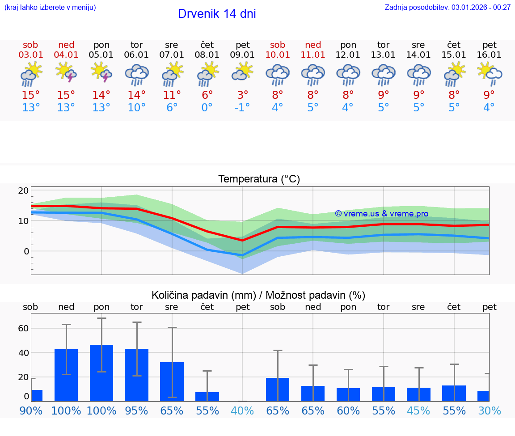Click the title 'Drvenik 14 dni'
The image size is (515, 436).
(217, 14)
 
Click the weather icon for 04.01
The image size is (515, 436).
(66, 72)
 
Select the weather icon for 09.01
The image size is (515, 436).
(242, 72)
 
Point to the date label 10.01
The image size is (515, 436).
(278, 55)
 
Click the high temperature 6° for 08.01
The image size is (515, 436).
(207, 95)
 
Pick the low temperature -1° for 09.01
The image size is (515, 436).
(242, 108)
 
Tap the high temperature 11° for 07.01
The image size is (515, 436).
(172, 95)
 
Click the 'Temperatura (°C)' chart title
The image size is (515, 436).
(259, 179)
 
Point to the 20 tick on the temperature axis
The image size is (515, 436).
(23, 190)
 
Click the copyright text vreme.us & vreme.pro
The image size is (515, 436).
(381, 214)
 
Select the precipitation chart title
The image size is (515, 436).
(258, 295)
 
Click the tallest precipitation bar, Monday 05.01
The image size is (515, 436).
(101, 373)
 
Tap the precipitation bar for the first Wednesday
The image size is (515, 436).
(172, 381)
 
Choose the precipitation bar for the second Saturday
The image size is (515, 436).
(278, 389)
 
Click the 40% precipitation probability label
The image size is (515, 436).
(242, 411)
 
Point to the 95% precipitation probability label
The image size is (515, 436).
(137, 411)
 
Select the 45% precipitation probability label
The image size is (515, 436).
(418, 411)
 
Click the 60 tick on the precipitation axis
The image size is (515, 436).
(23, 328)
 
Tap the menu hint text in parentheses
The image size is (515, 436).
(50, 7)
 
